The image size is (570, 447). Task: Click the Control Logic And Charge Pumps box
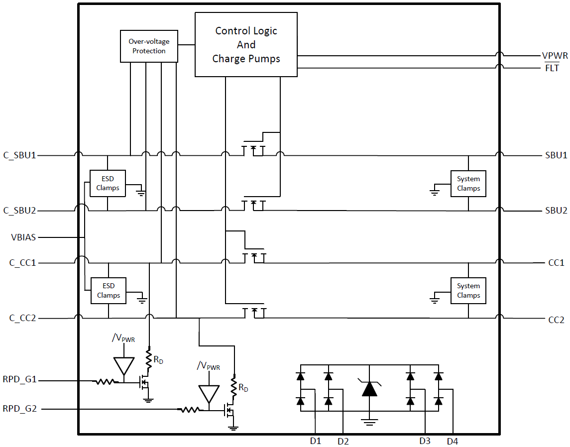(246, 45)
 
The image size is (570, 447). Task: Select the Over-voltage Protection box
(149, 46)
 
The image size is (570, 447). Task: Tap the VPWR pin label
(554, 56)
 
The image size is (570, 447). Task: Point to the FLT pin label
(552, 68)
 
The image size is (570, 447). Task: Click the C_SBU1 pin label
(20, 155)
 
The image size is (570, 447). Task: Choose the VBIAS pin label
(23, 237)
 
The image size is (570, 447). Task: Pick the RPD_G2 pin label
(19, 409)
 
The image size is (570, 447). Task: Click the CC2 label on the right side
(556, 319)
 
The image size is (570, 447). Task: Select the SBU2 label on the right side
(556, 211)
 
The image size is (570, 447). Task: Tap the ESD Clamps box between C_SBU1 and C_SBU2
(108, 183)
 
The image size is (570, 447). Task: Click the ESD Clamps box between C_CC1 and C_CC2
(108, 291)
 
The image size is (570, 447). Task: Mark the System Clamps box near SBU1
(468, 184)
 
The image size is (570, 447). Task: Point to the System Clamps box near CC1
(468, 291)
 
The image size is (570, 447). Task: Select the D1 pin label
(315, 441)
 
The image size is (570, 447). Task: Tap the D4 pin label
(453, 441)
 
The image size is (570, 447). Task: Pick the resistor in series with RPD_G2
(190, 410)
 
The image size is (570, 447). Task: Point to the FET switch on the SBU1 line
(253, 149)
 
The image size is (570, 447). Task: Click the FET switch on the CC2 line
(254, 312)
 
